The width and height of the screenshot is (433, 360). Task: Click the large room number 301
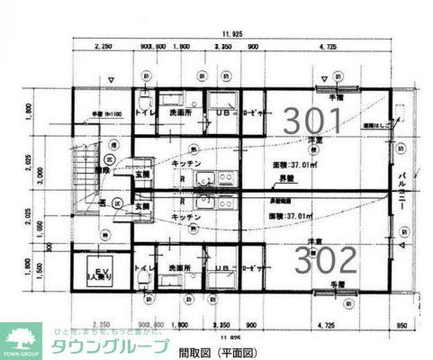coord(313,120)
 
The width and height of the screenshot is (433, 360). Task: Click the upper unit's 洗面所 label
coord(180,114)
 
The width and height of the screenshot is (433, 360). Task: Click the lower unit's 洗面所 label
coord(180,268)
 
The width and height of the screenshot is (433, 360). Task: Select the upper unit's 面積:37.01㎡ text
coord(293,165)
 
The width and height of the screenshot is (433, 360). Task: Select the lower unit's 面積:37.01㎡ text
coord(293,216)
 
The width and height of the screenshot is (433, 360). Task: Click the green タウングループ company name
coord(109,347)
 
